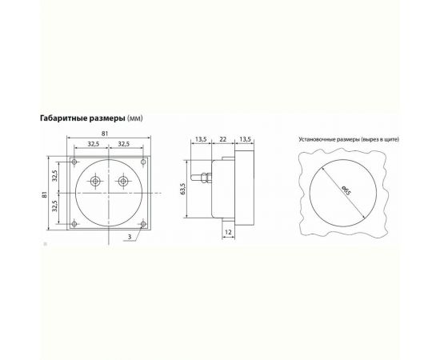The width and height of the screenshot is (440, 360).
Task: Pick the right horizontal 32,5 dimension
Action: pos(124,145)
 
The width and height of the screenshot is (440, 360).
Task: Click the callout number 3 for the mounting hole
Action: pos(130,238)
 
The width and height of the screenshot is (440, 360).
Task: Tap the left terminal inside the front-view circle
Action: pos(95,182)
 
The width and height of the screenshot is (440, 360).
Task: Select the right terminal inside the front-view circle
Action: pos(123,182)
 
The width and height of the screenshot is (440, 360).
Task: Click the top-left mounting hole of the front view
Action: pos(74,162)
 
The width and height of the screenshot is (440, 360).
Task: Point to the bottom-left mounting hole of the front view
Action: pos(74,224)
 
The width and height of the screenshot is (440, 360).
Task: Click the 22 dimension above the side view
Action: pos(221,139)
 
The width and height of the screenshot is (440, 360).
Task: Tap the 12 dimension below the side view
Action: pos(228,231)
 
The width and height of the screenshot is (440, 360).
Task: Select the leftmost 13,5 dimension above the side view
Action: pos(201,139)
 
